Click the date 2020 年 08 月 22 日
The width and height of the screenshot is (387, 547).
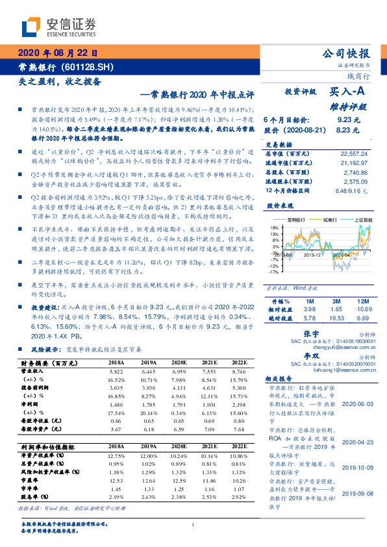pos(58,53)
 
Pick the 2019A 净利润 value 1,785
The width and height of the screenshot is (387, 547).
pos(149,404)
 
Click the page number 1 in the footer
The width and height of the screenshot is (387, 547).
pos(193,526)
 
